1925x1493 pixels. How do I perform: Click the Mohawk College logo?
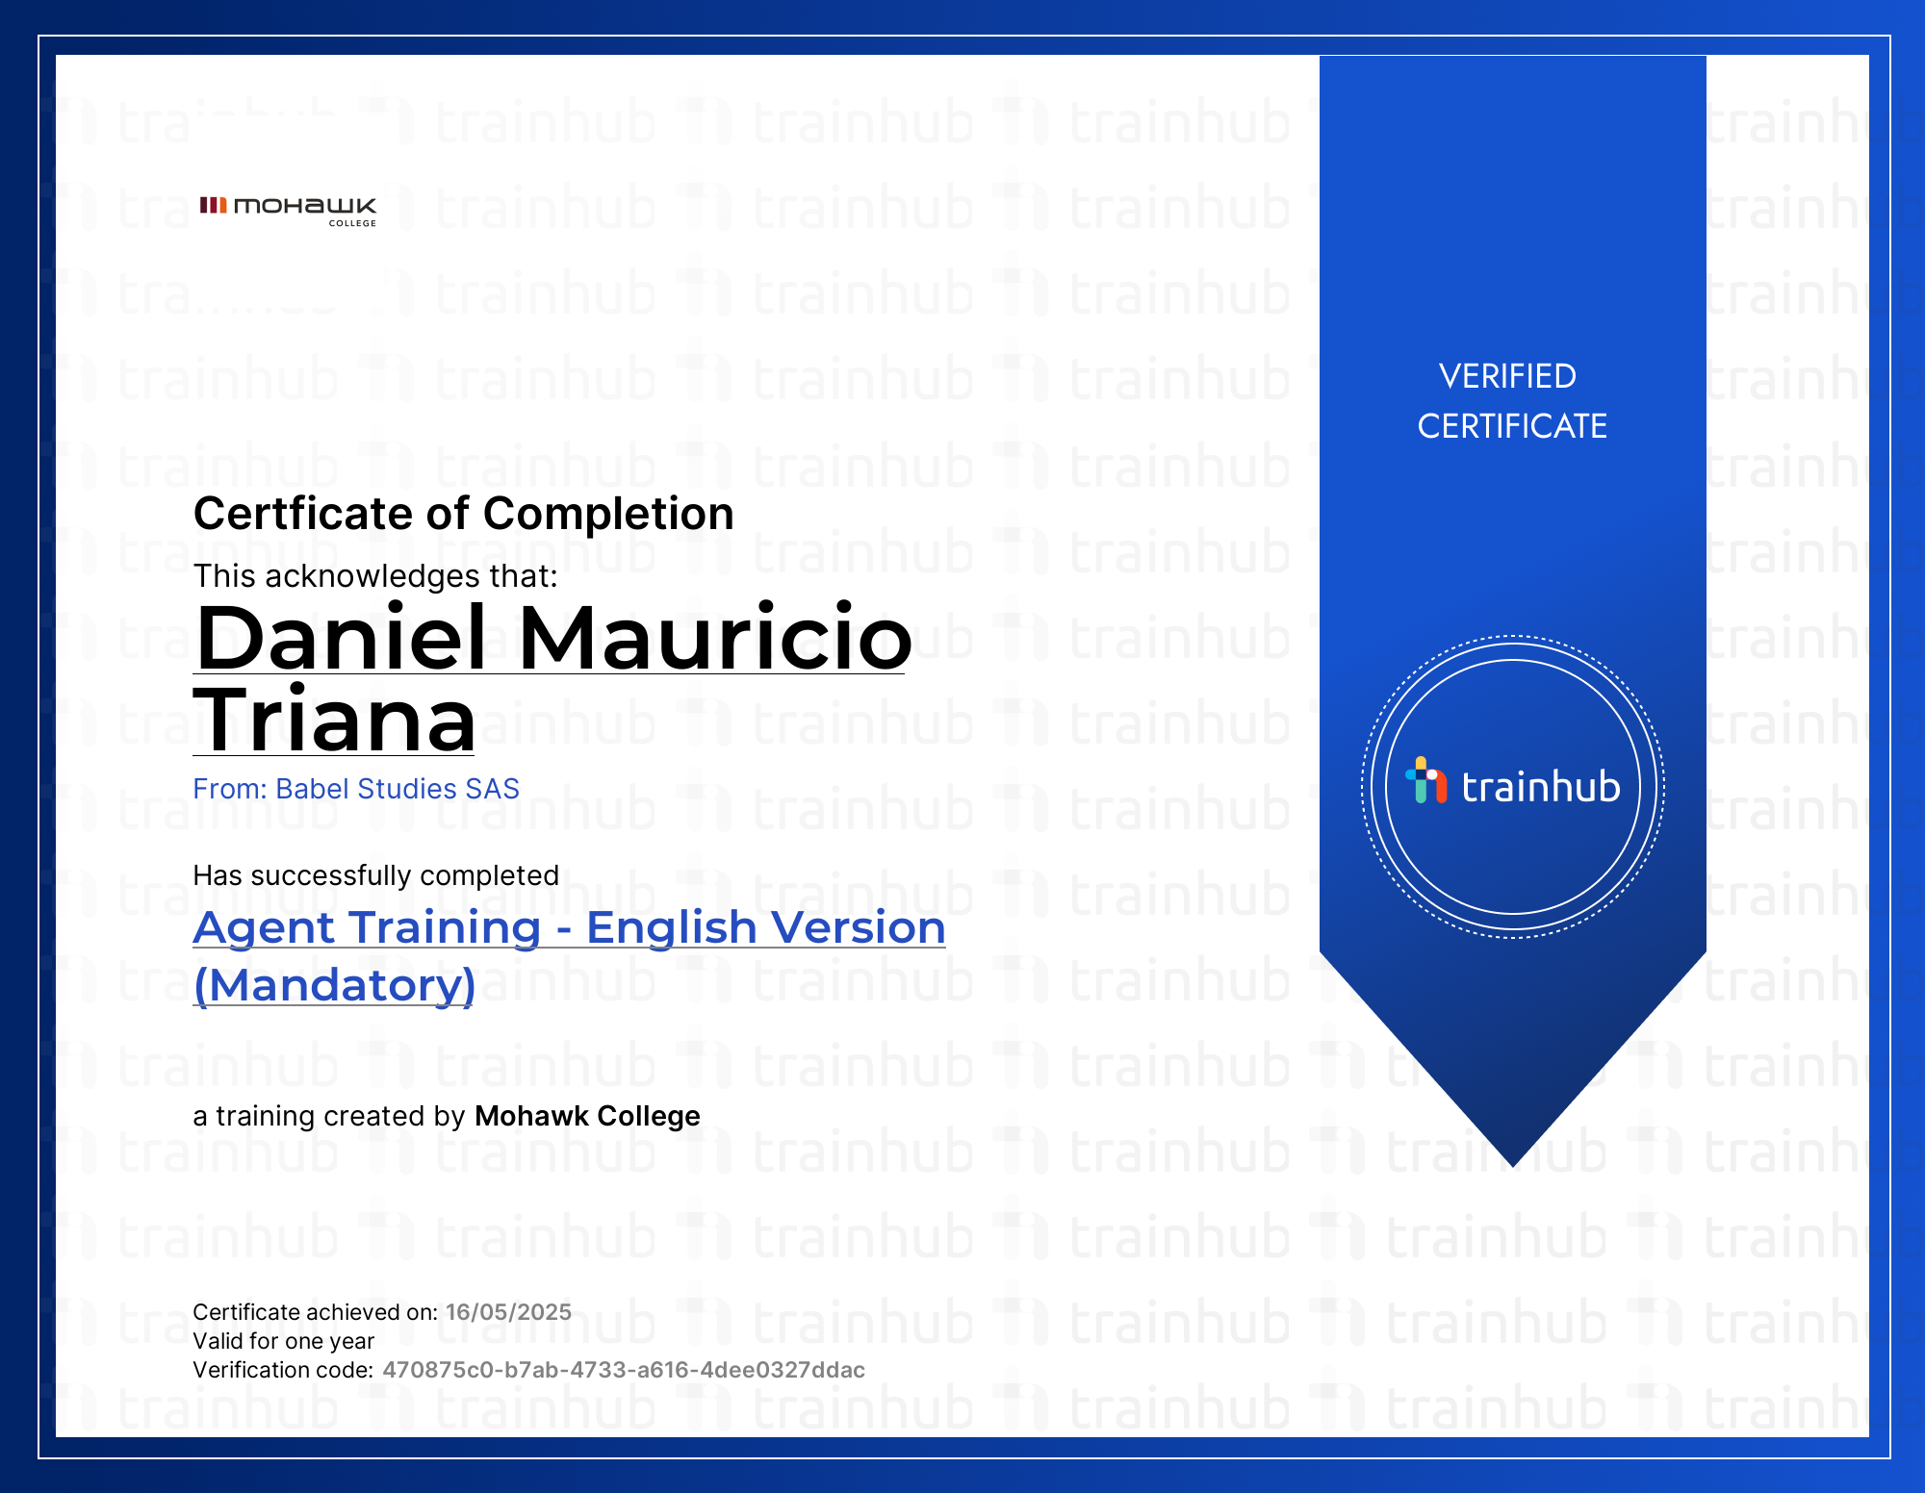click(x=288, y=211)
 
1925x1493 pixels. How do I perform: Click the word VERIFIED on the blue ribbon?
click(x=1507, y=376)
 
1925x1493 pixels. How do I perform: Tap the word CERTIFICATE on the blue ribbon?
click(x=1512, y=426)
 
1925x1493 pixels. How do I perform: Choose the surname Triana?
click(x=335, y=720)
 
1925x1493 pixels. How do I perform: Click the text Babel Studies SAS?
click(x=398, y=789)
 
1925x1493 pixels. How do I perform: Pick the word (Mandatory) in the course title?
click(x=335, y=985)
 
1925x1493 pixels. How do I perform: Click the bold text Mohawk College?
click(x=587, y=1116)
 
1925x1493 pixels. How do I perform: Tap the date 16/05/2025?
click(x=508, y=1312)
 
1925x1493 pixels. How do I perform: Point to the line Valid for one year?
click(x=284, y=1341)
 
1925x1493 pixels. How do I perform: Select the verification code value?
click(x=624, y=1370)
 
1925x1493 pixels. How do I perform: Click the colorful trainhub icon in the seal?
click(x=1425, y=780)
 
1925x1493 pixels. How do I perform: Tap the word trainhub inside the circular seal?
click(x=1541, y=786)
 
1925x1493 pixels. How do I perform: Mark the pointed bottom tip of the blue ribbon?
click(x=1513, y=1167)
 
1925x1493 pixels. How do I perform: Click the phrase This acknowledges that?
click(x=375, y=576)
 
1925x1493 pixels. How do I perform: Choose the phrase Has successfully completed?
click(x=376, y=875)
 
